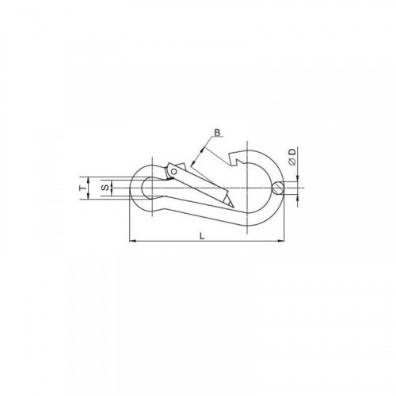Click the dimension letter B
point(217,132)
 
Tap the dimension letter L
point(202,236)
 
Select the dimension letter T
point(83,188)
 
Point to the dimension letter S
point(105,188)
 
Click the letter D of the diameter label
point(292,152)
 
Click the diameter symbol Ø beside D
point(292,162)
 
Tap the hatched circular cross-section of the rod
point(278,188)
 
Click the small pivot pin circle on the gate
point(174,172)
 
